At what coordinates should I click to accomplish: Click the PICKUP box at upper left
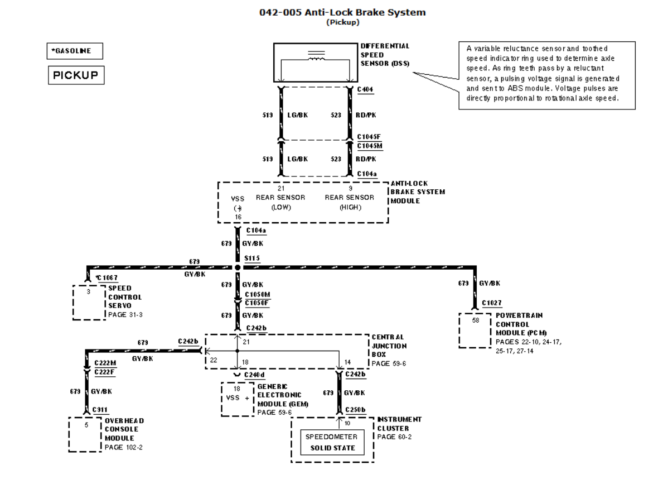76,75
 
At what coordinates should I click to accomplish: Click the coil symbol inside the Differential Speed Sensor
316,56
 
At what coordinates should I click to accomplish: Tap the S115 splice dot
238,267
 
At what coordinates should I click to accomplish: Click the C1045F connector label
369,137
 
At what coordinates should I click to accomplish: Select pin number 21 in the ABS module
280,189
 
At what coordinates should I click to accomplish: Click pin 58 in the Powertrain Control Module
476,320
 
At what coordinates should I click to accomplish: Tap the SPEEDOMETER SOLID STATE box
332,442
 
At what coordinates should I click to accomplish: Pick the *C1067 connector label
107,278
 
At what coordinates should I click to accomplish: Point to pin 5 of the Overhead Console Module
86,425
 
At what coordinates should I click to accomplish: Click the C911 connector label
100,410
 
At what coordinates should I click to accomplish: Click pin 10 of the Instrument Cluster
347,423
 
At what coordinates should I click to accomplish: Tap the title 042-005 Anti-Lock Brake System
342,12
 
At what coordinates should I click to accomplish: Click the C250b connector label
355,410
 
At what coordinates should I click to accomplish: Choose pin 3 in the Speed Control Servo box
88,291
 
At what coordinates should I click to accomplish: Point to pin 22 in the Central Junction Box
214,361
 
